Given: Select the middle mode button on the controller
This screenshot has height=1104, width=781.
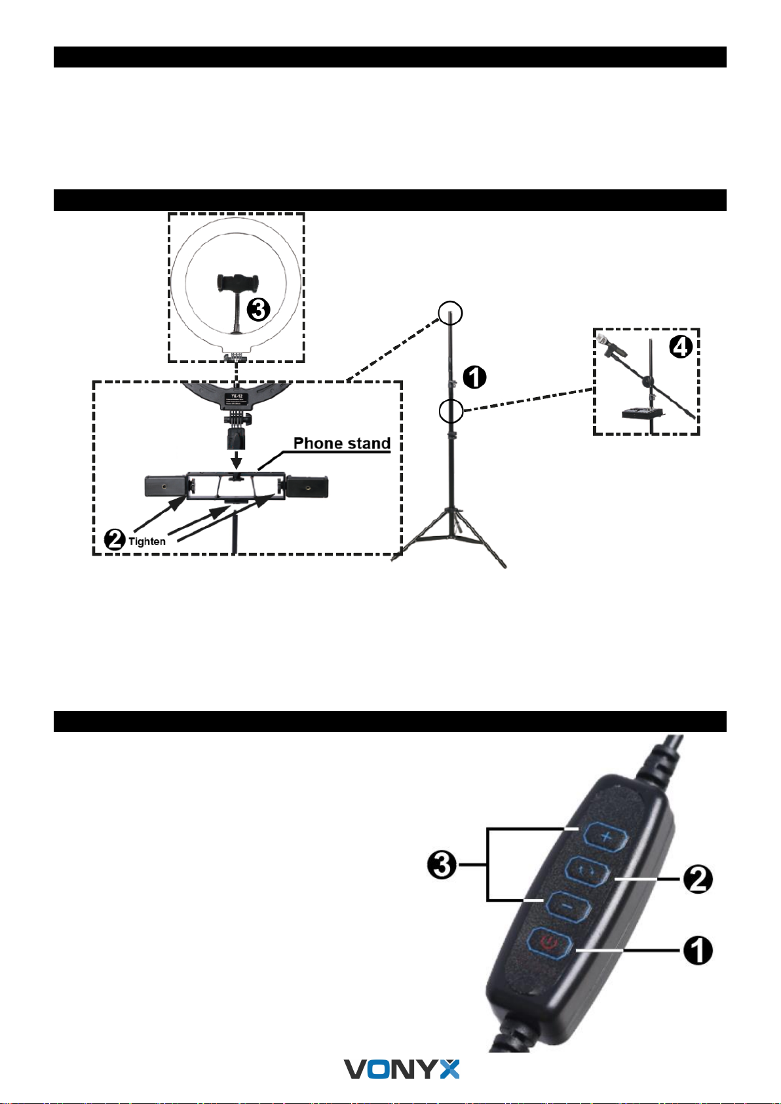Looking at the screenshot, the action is (x=587, y=871).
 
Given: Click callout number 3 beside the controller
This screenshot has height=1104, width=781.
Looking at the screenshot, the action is (x=442, y=866).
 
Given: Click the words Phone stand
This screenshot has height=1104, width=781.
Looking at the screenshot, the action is (x=341, y=444).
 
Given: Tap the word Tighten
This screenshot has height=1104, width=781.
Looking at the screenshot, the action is (x=147, y=542).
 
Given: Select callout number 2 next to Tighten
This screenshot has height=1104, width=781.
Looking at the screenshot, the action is (x=115, y=541).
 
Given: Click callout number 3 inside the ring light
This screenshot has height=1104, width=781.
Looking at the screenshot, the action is (x=257, y=309).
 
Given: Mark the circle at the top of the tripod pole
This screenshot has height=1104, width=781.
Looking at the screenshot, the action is (x=450, y=313).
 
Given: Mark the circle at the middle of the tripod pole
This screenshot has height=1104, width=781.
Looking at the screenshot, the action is (x=451, y=411).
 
